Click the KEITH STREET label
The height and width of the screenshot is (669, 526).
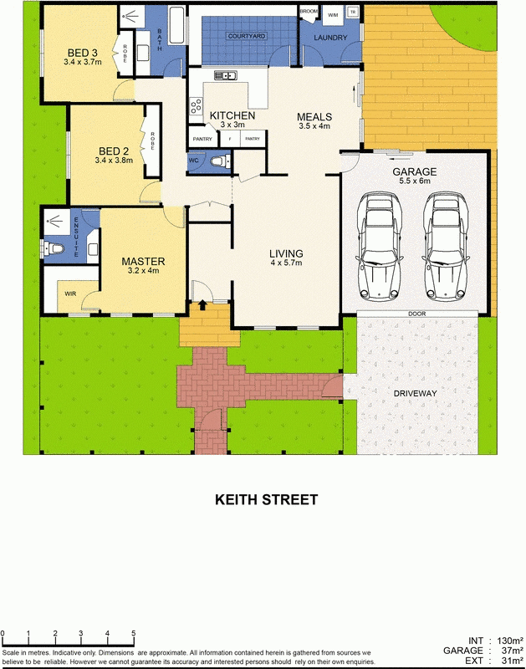click(x=266, y=500)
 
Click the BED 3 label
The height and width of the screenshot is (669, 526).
click(x=81, y=52)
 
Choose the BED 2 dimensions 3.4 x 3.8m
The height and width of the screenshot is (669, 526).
click(x=114, y=160)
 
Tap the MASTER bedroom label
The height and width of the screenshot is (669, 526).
click(x=143, y=261)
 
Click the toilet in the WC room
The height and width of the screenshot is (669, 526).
click(x=220, y=161)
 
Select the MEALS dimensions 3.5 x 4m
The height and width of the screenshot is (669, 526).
click(x=315, y=127)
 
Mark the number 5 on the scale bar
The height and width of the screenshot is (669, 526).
click(x=134, y=633)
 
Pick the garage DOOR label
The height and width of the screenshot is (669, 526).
click(x=416, y=314)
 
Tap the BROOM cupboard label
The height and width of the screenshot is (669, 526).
click(x=309, y=11)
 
